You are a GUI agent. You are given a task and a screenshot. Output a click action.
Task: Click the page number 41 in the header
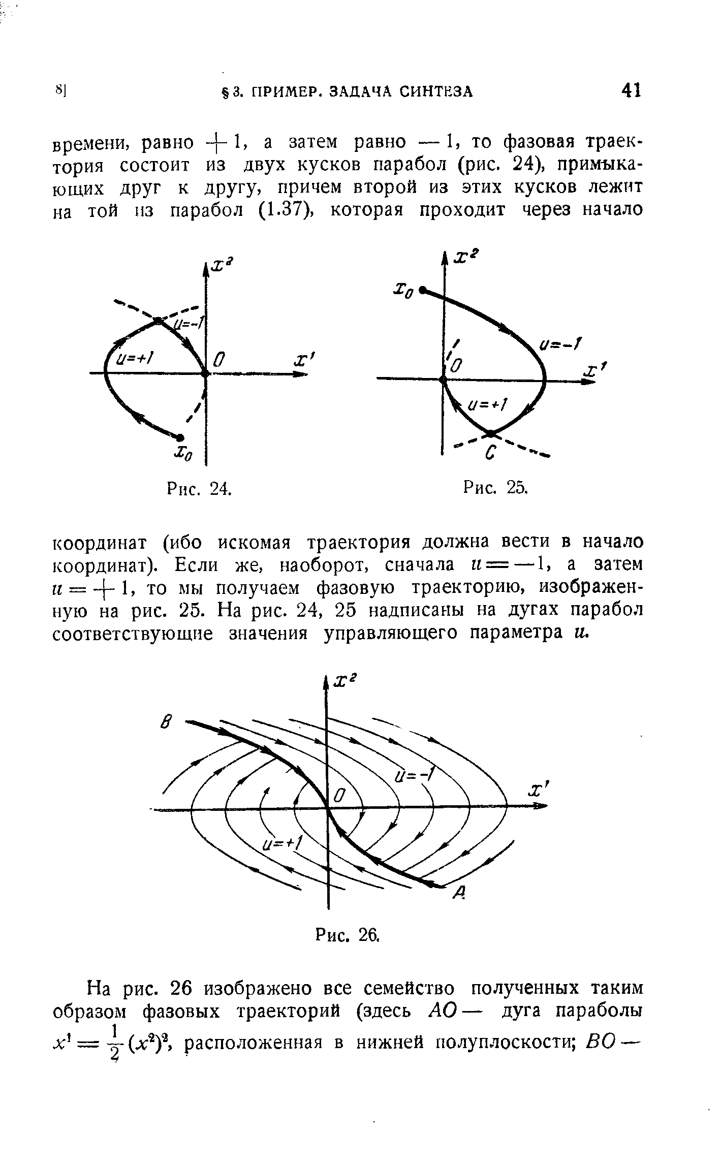coord(631,90)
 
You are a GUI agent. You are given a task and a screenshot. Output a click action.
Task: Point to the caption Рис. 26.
coord(348,933)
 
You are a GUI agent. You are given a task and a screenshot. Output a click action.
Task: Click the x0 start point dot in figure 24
coord(180,436)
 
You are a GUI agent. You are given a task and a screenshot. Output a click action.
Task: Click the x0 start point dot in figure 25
coord(422,291)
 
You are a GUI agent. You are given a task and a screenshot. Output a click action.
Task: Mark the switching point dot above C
coord(491,433)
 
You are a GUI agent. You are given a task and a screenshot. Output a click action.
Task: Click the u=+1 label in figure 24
coord(135,359)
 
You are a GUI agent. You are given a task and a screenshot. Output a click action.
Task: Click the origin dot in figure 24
coord(205,373)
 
